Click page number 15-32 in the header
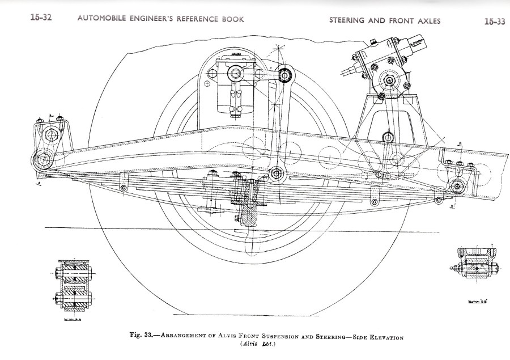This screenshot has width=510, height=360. coord(41,18)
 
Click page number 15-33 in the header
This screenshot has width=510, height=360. coord(494,21)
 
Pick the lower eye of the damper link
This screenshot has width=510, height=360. coord(276,173)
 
